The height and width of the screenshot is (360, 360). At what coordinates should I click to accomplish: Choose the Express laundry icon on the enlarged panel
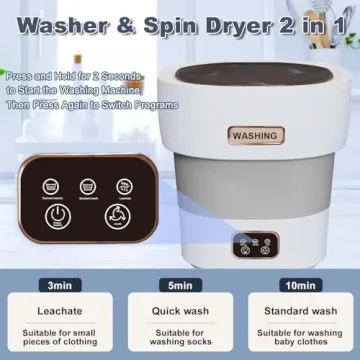pos(124,185)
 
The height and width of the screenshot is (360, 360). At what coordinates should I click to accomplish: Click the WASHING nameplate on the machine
pos(256,135)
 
